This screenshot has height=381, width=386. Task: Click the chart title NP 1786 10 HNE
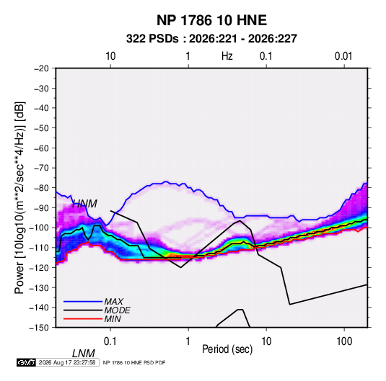coord(211,20)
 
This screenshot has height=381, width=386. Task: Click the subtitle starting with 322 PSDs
coord(211,39)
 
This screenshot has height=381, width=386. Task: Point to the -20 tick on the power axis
coord(41,68)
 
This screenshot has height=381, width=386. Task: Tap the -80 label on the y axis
coord(41,188)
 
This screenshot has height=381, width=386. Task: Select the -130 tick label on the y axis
coord(40,287)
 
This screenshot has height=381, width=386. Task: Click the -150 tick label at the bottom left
coord(40,328)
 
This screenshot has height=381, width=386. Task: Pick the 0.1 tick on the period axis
coord(110,341)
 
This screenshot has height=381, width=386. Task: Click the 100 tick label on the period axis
coord(344,341)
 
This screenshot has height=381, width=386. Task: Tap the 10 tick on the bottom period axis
coord(266,341)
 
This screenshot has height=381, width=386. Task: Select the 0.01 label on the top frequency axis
coord(343,56)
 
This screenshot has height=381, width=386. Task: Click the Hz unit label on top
coord(227,56)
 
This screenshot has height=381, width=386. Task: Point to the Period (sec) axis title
coord(227,349)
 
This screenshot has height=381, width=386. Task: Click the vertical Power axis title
coord(19,198)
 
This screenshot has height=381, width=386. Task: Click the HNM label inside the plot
coord(85,204)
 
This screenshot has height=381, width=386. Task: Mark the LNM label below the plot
coord(84,354)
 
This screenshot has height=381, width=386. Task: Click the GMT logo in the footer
coord(27,362)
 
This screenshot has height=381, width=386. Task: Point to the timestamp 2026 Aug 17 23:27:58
coord(67,362)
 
